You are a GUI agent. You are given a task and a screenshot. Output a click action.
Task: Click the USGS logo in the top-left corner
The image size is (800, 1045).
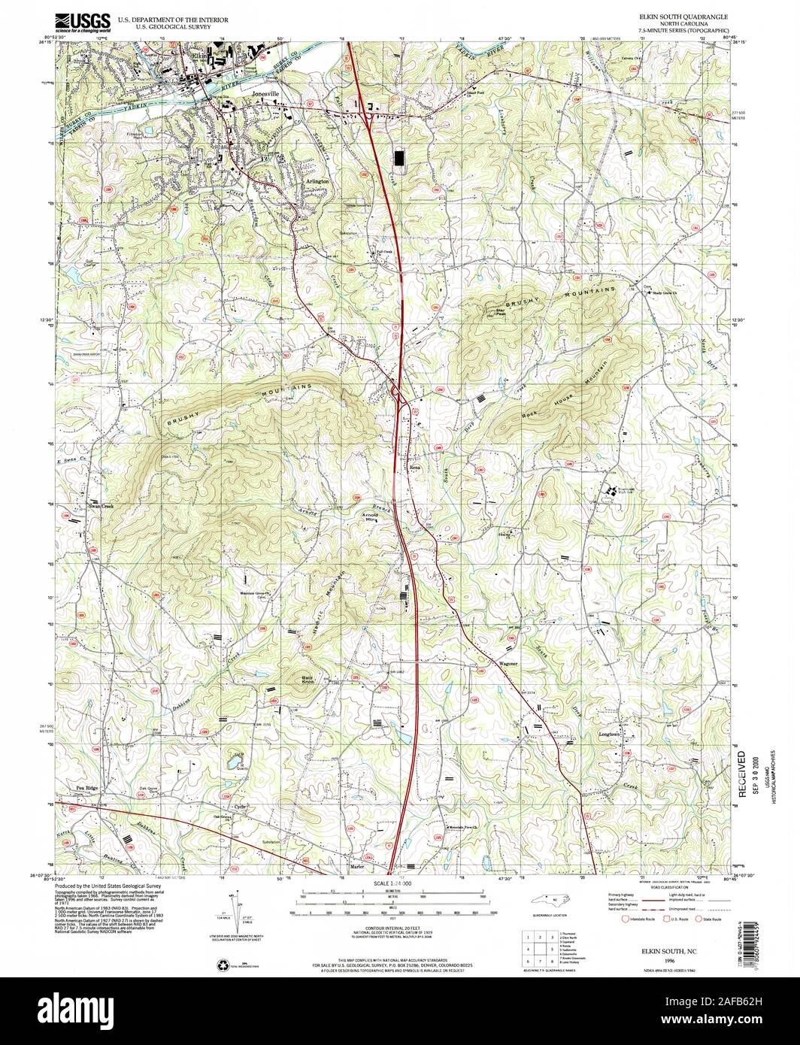83,21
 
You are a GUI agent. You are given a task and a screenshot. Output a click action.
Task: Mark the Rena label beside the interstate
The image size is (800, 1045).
414,466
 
